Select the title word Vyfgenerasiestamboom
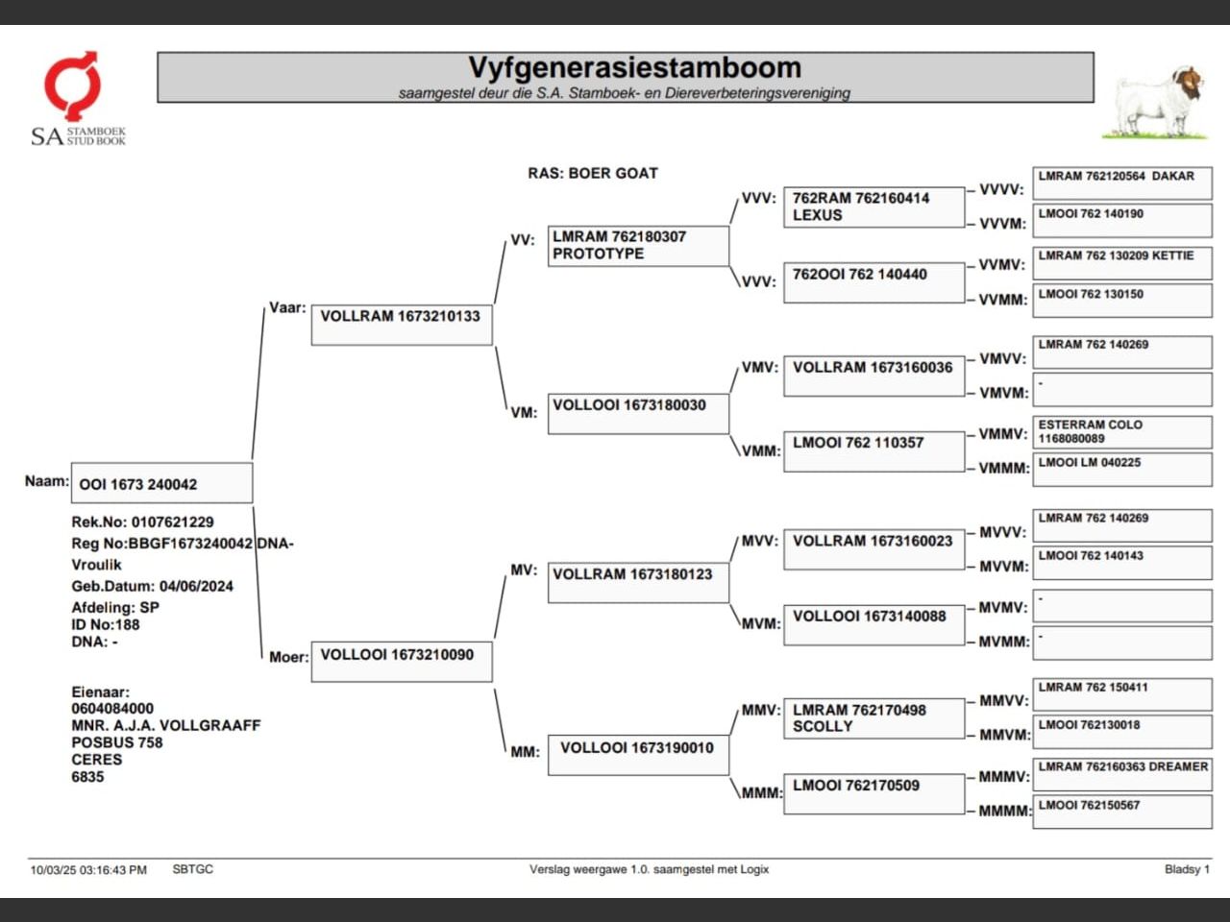634,68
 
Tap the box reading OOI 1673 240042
161,484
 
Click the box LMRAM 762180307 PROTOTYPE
638,246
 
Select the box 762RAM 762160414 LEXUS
873,206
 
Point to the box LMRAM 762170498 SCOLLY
873,718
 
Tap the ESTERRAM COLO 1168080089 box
1121,431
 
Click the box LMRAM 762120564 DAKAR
1121,182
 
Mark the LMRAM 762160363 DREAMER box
1121,774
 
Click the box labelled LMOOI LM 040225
1121,469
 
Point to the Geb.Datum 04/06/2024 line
152,586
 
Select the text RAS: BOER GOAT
593,174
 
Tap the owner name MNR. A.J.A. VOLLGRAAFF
165,725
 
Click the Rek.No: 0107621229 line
142,522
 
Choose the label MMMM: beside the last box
1003,812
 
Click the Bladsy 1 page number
1187,869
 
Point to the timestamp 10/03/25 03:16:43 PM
88,870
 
